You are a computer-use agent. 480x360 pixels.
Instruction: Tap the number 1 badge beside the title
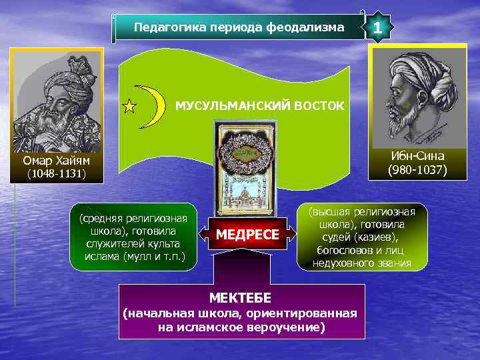[x=378, y=29]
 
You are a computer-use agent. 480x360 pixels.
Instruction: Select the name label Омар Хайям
[x=56, y=161]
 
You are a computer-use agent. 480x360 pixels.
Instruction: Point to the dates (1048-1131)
[x=56, y=175]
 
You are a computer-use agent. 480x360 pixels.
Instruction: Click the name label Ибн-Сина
[x=419, y=156]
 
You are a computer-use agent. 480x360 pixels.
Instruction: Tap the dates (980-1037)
[x=419, y=170]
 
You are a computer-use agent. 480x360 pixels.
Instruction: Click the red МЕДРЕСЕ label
[x=247, y=235]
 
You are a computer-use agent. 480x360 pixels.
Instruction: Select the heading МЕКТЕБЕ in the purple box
[x=241, y=296]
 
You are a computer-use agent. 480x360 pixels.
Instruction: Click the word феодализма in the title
[x=314, y=28]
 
